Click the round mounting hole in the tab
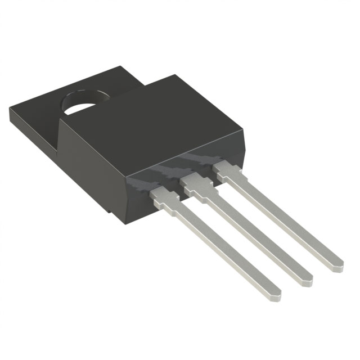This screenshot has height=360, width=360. point(82,101)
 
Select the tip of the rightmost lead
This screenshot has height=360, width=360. point(337,262)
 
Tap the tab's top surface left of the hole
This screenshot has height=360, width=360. point(39,107)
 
